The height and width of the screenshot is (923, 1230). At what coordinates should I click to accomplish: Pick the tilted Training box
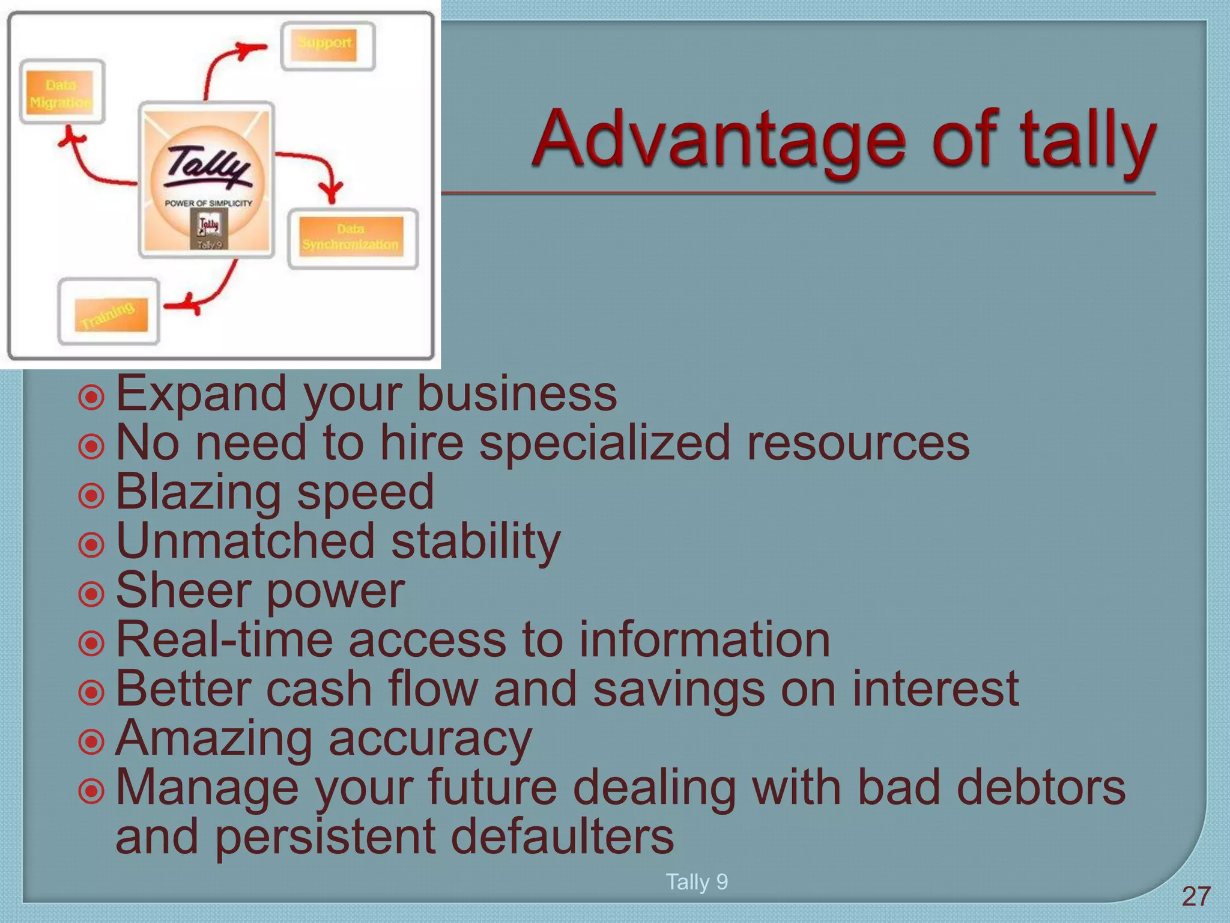[109, 312]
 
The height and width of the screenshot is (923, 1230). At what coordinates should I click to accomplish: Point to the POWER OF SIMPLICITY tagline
[208, 203]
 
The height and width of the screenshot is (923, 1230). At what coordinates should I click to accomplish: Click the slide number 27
[1196, 897]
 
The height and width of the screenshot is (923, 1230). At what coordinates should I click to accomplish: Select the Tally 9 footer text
[697, 882]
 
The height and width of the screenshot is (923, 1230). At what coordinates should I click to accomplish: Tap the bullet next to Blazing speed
[91, 496]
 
